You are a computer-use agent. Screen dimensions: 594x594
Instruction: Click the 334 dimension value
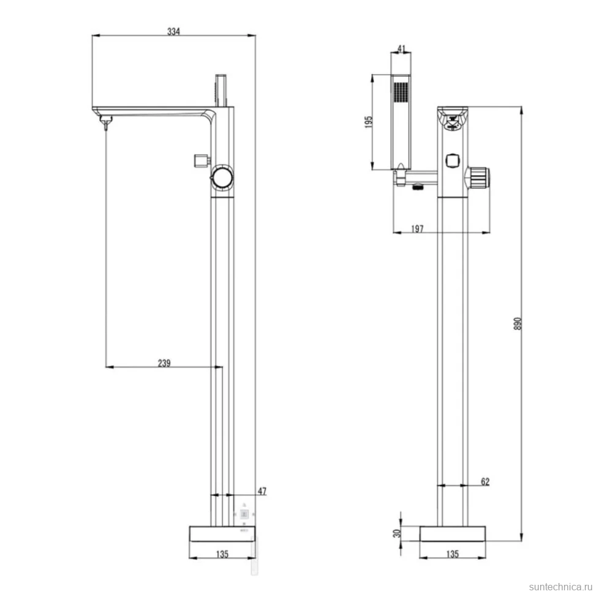[173, 31]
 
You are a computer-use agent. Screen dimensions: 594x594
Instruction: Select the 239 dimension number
[164, 363]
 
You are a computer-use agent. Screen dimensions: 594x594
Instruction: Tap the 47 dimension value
[262, 491]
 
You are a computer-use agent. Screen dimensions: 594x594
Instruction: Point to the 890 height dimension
[517, 323]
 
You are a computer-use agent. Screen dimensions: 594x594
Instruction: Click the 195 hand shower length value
[369, 122]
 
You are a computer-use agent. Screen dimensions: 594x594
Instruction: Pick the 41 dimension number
[402, 49]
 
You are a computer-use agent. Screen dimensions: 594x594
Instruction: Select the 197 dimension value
[417, 229]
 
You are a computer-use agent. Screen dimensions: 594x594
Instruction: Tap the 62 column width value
[485, 481]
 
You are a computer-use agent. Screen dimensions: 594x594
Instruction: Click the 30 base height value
[397, 533]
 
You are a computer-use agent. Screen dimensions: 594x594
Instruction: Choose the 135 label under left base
[222, 554]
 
